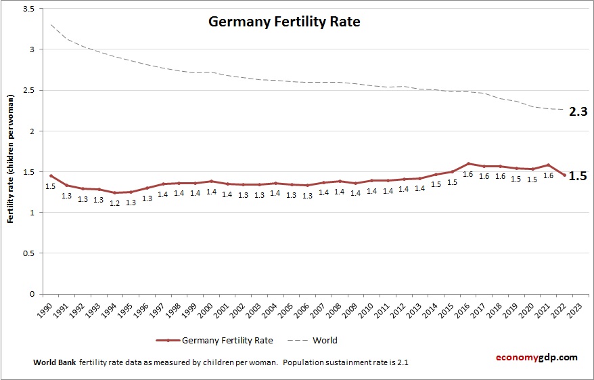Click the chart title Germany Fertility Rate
tap(283, 22)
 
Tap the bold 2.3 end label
tap(577, 112)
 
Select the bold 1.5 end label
tap(577, 175)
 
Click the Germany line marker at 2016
tap(468, 163)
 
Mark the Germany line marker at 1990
tap(51, 176)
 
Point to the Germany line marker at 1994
tap(115, 193)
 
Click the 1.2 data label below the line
tap(115, 203)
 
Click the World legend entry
tap(324, 340)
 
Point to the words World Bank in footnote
tap(54, 362)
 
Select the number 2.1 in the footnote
tap(402, 362)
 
